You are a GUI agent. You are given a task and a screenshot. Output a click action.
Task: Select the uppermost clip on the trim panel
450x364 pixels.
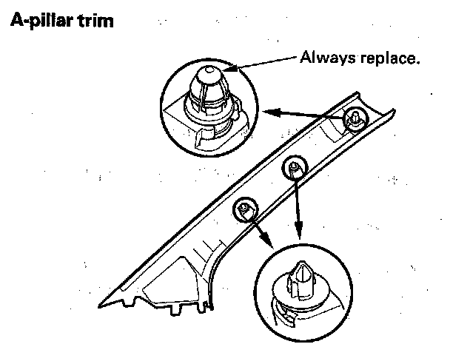[355, 116]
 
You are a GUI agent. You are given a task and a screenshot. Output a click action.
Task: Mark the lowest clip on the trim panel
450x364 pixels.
[243, 209]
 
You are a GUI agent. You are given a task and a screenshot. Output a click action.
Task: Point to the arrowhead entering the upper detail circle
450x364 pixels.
[269, 112]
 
